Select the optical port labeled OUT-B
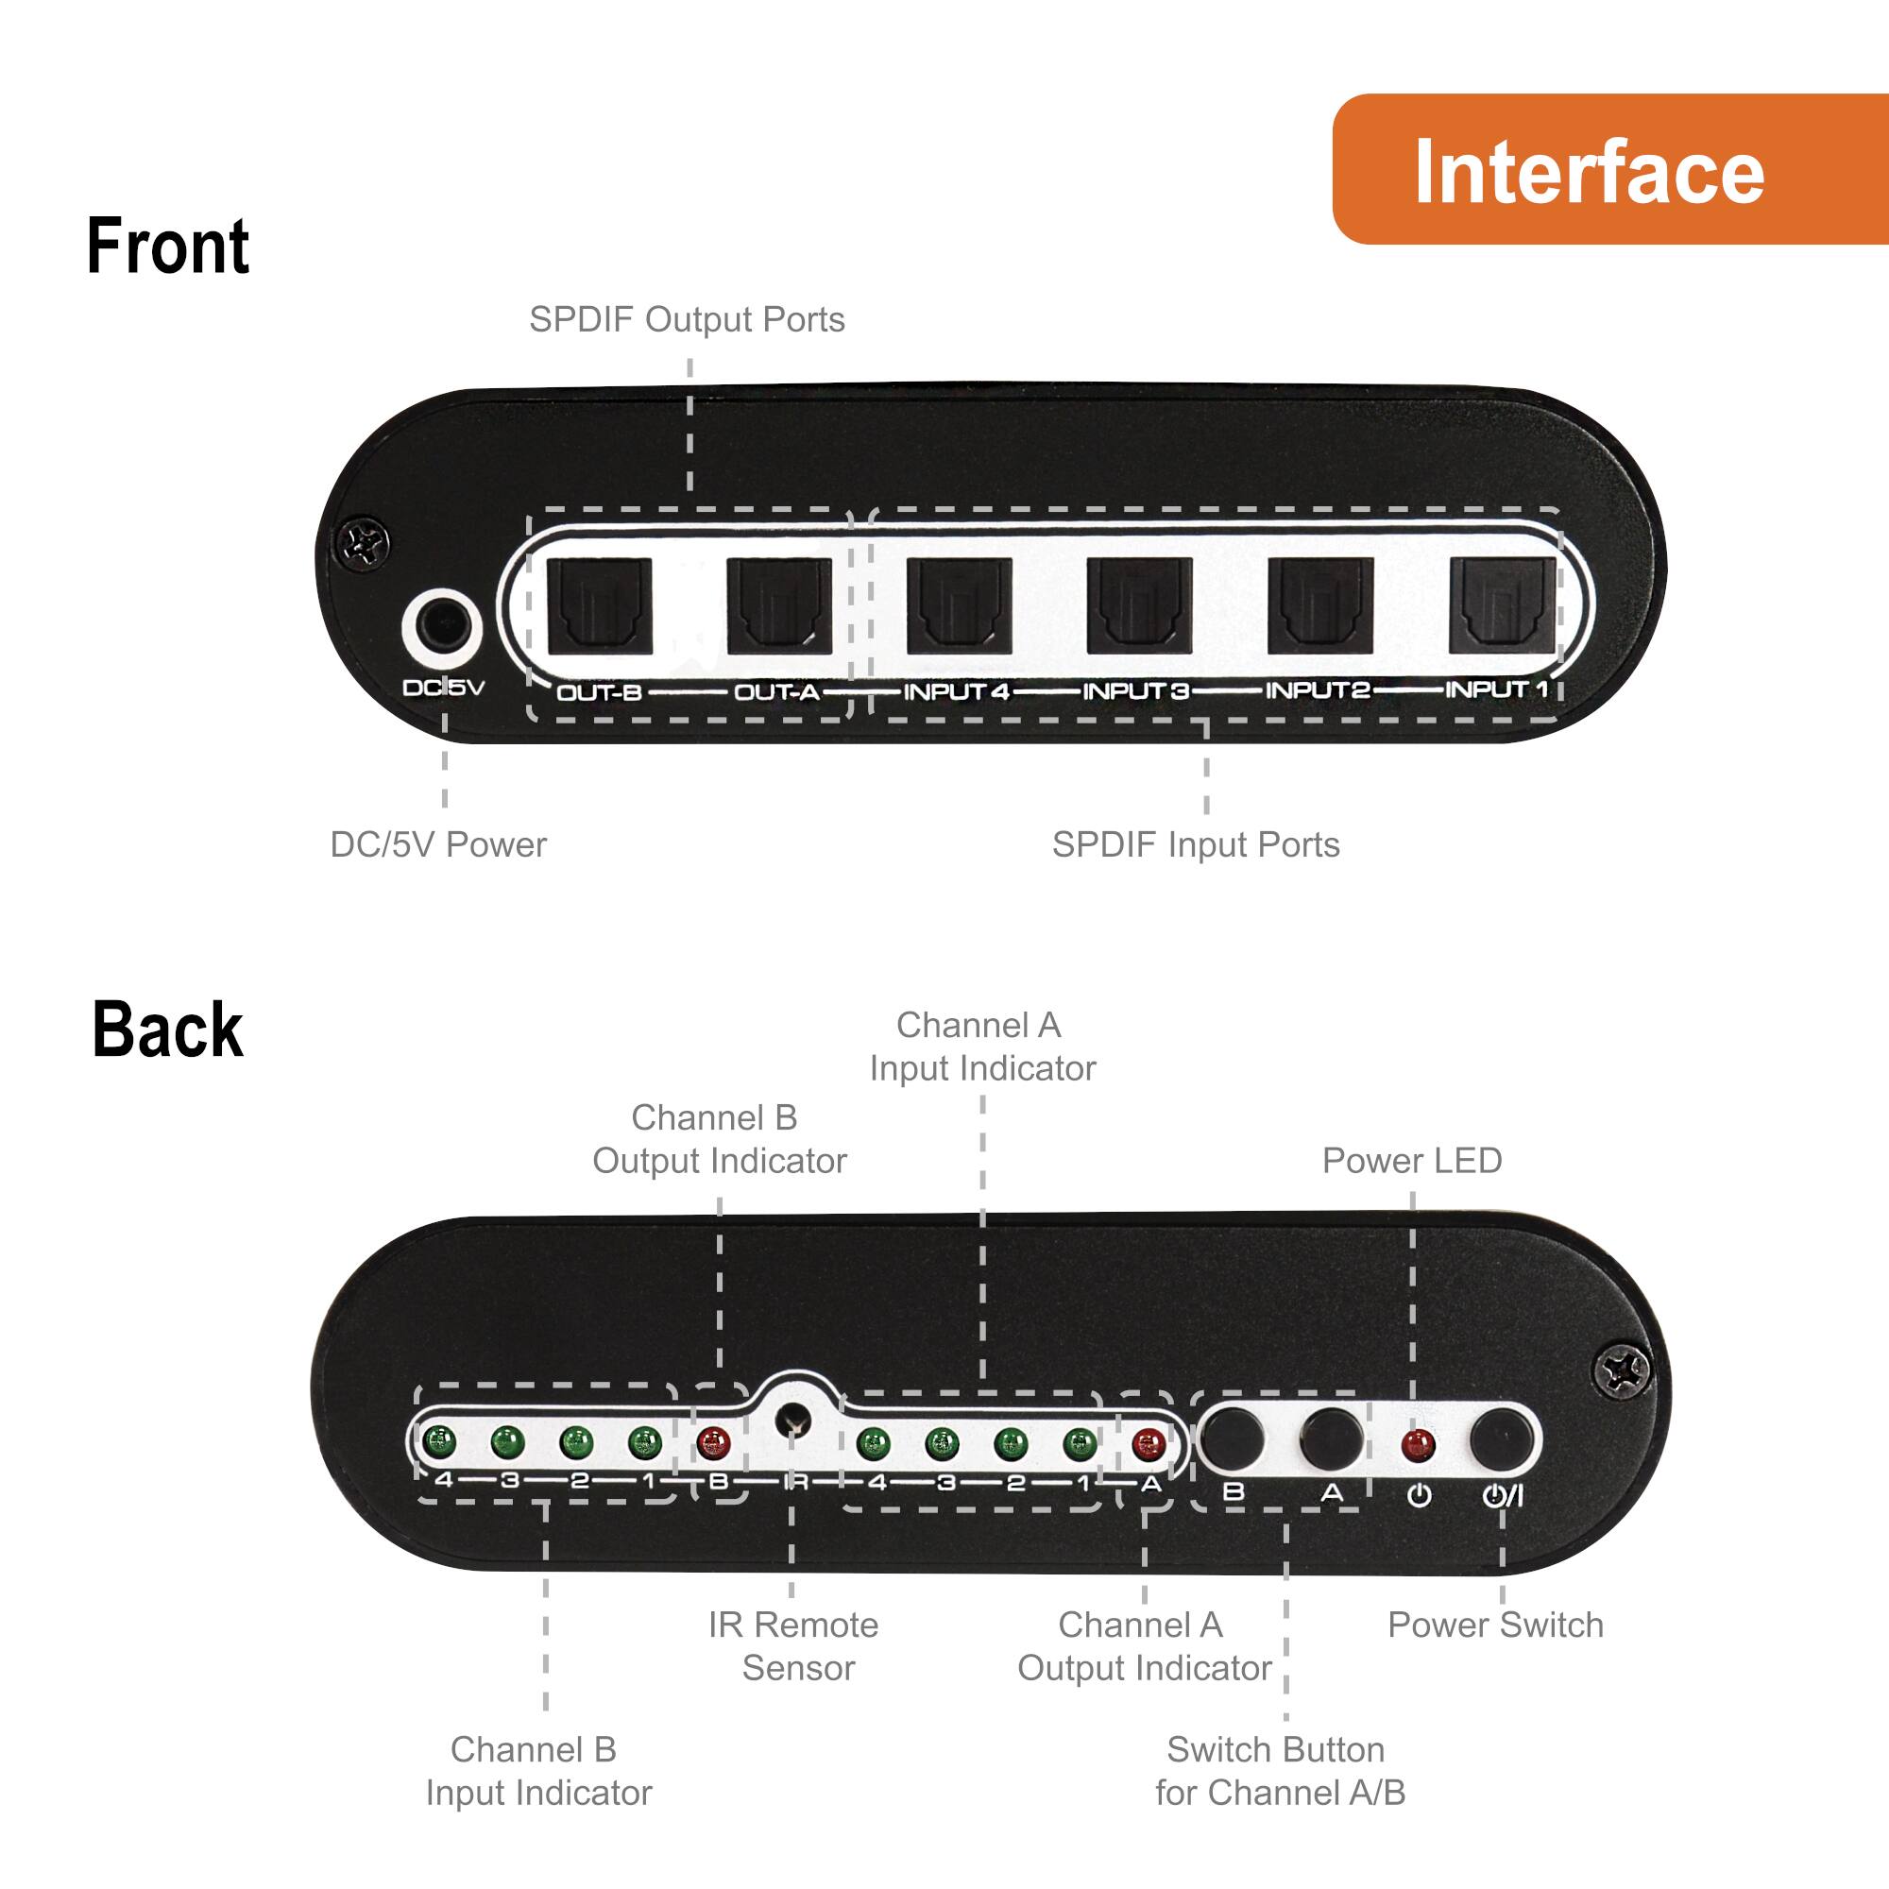(x=600, y=605)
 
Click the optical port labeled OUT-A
(x=779, y=605)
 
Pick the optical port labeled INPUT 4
(x=960, y=605)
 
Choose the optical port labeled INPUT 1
(x=1501, y=605)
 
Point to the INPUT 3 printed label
(x=1135, y=691)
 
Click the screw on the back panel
(x=1621, y=1370)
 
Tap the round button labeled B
(x=1232, y=1438)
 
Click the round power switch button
(x=1501, y=1438)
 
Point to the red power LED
(x=1417, y=1444)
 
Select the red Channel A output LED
(x=1148, y=1443)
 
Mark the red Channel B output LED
(x=714, y=1443)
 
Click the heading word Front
(x=167, y=247)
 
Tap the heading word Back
(x=167, y=1030)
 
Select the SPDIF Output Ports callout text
(x=687, y=320)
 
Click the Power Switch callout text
(x=1495, y=1625)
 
